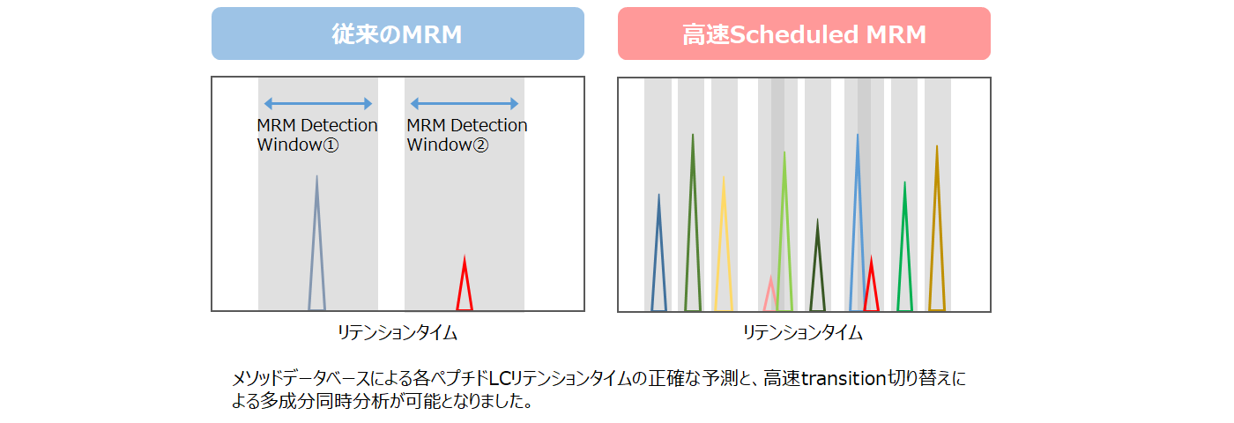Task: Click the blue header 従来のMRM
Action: pos(398,33)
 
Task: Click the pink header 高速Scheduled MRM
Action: pos(804,33)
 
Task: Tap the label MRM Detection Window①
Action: pos(317,135)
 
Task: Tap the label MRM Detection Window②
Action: pos(467,135)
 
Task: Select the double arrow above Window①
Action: pos(318,103)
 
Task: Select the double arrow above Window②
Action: pos(465,103)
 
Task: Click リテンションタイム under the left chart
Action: pos(398,333)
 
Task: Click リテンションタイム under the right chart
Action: pos(803,333)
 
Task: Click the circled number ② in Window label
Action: pos(480,145)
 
